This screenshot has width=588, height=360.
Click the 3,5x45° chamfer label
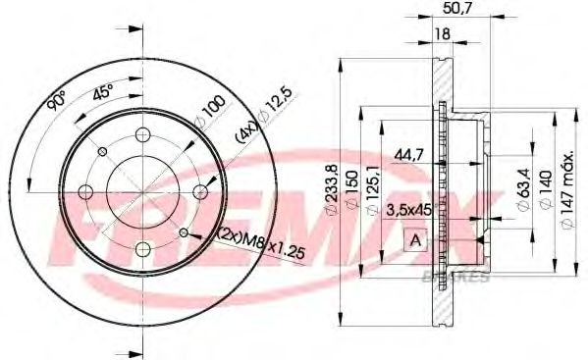pyautogui.click(x=411, y=209)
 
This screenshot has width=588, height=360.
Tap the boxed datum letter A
pyautogui.click(x=415, y=240)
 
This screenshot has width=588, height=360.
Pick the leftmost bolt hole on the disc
pyautogui.click(x=85, y=191)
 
